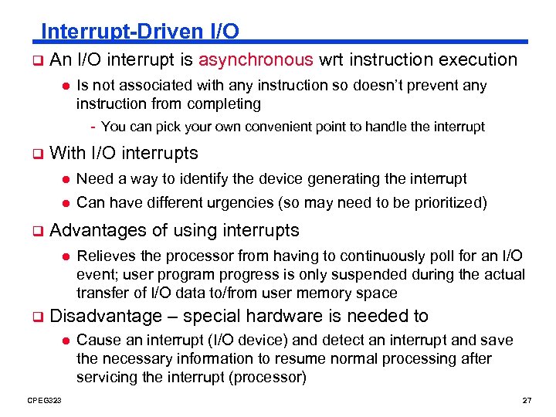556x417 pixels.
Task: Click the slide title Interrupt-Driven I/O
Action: pyautogui.click(x=140, y=32)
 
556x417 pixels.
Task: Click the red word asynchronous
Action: pyautogui.click(x=256, y=59)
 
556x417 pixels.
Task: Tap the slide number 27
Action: pyautogui.click(x=527, y=400)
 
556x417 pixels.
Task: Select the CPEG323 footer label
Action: pyautogui.click(x=45, y=400)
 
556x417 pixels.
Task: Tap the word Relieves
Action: pyautogui.click(x=106, y=256)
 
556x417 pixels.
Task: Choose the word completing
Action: pyautogui.click(x=225, y=103)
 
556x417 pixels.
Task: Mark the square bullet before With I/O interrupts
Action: pyautogui.click(x=36, y=154)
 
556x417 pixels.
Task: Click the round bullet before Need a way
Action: pyautogui.click(x=66, y=179)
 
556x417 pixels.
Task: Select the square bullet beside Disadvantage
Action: pyautogui.click(x=36, y=317)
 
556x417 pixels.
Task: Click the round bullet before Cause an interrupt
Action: pyautogui.click(x=66, y=341)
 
